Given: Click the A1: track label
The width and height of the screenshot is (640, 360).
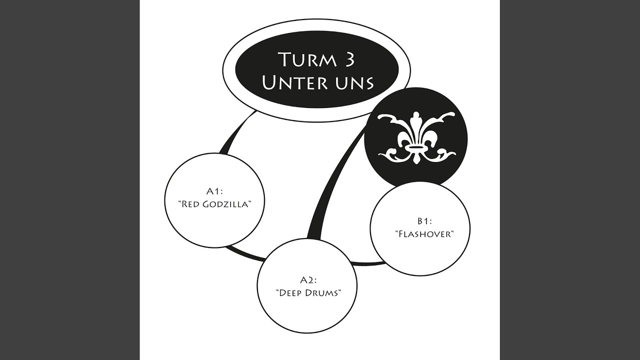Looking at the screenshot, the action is coord(214,191).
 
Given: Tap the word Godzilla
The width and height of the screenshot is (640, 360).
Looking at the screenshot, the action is coord(227,204).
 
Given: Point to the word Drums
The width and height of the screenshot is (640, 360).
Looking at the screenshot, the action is coord(323,293).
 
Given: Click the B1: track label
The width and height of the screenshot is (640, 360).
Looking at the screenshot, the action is coord(424,221).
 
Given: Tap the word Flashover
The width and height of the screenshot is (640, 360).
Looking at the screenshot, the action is coord(424,234).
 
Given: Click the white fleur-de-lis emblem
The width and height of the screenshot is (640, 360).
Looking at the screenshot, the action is coord(416,137).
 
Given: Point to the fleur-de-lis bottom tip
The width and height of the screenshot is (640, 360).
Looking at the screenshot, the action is coord(416,163).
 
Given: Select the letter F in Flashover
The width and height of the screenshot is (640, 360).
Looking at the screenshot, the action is coord(401,234).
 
